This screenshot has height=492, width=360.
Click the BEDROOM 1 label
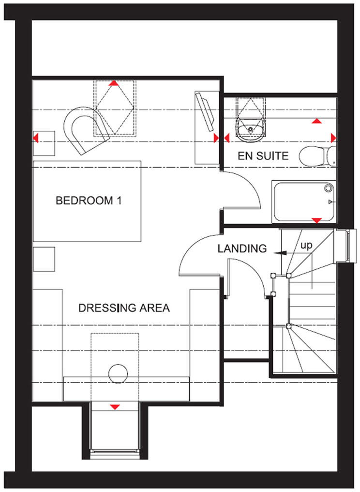88,200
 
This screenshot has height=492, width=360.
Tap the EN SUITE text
263,156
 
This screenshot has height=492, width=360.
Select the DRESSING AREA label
124,307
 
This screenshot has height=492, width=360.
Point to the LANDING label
242,249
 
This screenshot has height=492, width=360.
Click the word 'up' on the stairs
307,246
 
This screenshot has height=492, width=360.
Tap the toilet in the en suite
317,156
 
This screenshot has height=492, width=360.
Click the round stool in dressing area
118,373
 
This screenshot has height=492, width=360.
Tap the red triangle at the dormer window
115,407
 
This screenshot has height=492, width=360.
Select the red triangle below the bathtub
316,221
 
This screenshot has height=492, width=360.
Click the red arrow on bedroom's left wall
36,138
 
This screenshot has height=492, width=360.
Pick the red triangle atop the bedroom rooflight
114,83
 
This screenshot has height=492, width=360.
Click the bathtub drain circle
329,186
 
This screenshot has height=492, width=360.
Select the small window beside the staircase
346,245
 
